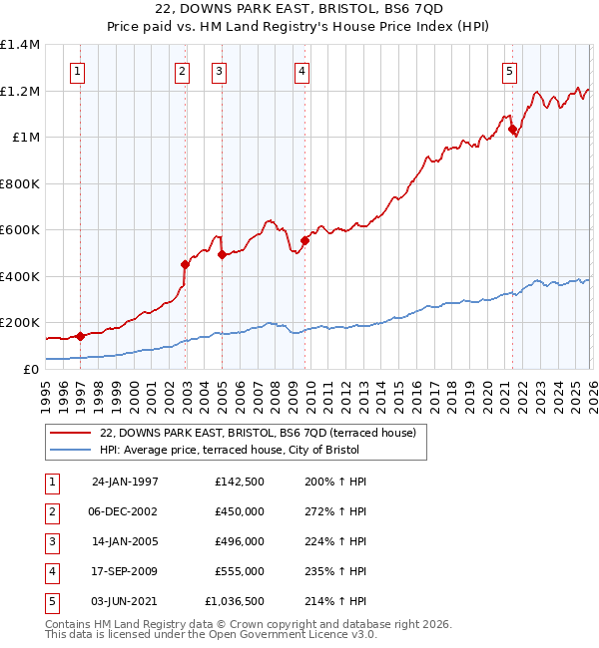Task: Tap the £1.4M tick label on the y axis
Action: tap(20, 45)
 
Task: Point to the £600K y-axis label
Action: tap(20, 230)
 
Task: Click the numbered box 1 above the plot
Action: tap(78, 71)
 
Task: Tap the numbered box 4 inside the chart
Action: tap(300, 71)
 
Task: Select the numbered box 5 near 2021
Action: tap(509, 71)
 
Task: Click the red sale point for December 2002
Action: tap(185, 265)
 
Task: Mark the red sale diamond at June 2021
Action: tap(512, 129)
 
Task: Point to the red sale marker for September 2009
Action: tap(304, 240)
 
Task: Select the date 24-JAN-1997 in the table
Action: tap(125, 482)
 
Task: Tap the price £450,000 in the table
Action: tap(240, 511)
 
